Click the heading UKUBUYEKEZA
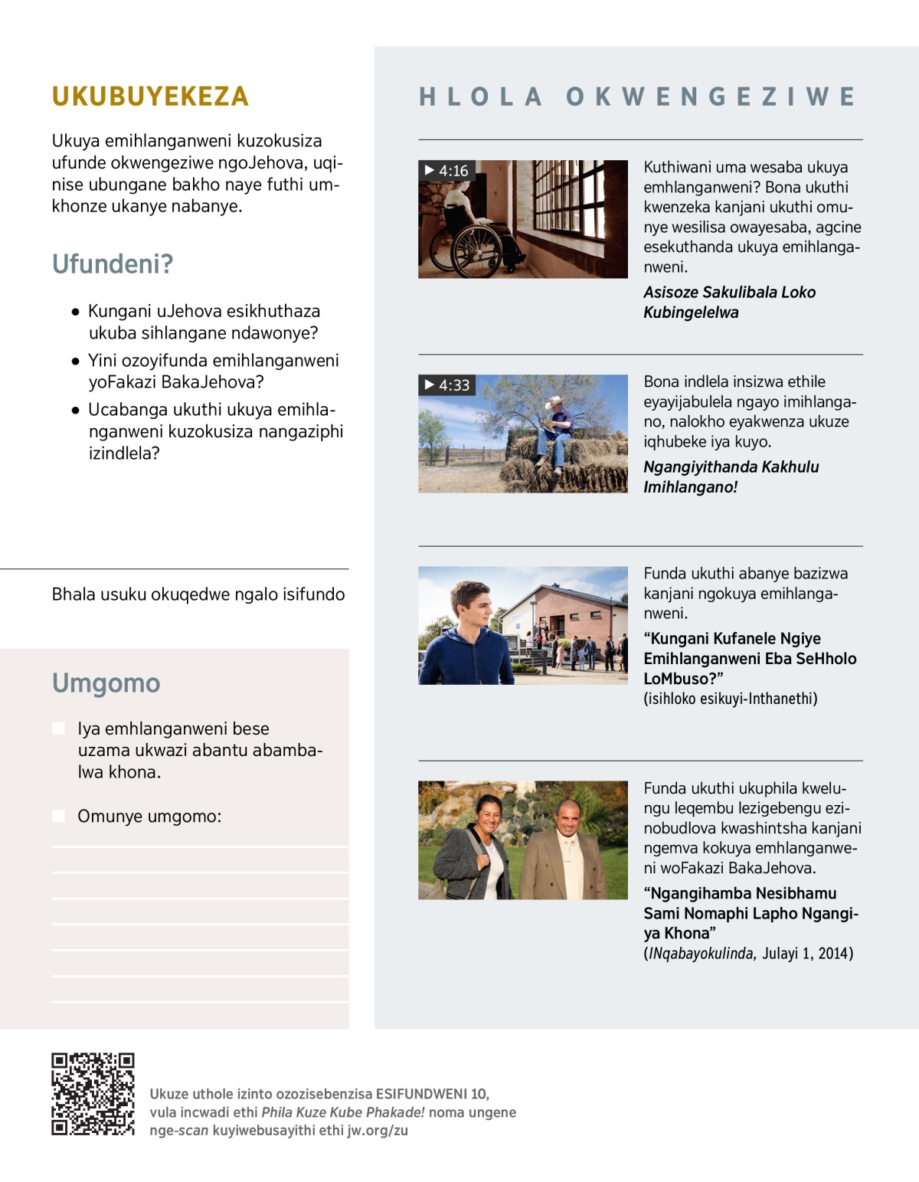150,97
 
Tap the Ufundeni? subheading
113,264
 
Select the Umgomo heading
106,683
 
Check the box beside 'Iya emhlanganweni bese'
58,729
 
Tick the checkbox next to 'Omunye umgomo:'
58,816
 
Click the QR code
93,1094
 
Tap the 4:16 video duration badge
446,170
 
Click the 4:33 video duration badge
447,385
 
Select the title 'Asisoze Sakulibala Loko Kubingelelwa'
729,302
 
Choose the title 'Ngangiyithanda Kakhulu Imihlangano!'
731,476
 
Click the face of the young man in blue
469,606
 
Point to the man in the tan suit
563,850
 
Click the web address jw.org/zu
378,1131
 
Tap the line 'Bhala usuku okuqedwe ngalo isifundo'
198,594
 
